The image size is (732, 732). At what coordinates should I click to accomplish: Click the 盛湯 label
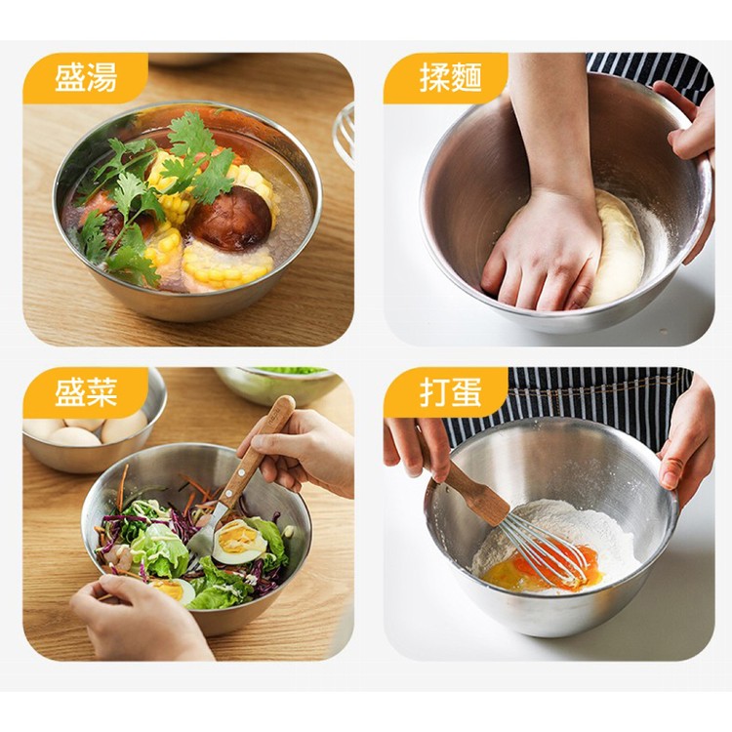(86, 77)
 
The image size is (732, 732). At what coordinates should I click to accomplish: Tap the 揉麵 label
(450, 77)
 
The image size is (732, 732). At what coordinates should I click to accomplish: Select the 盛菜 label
(86, 392)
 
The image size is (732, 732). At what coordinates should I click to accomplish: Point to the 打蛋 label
(450, 392)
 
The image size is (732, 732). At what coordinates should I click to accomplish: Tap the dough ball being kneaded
(614, 248)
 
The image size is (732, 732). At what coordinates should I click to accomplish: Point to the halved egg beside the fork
(239, 542)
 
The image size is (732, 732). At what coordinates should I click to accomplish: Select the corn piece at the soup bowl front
(227, 265)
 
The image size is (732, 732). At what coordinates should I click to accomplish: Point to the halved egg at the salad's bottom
(172, 590)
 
